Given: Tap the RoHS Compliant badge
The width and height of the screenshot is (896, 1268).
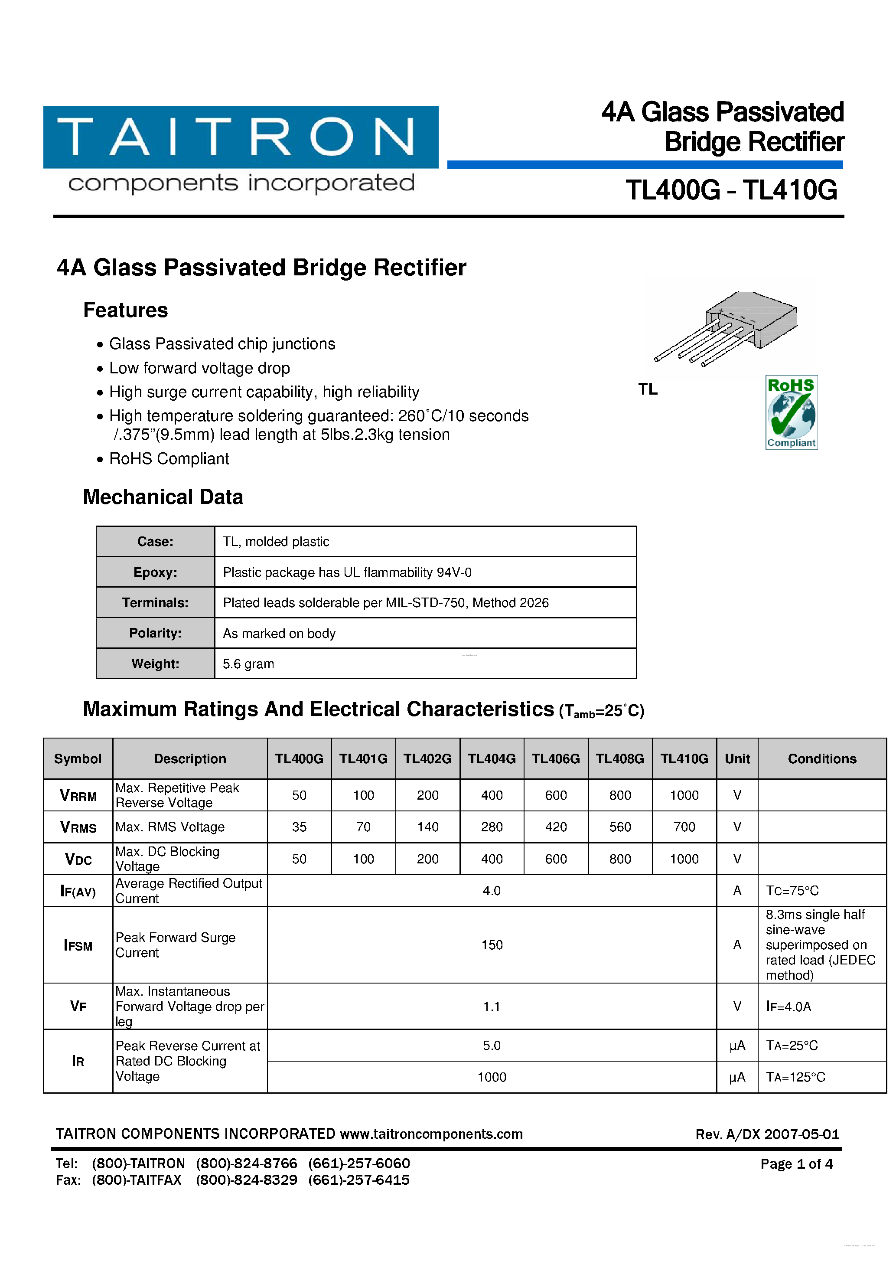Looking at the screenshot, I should click(x=791, y=412).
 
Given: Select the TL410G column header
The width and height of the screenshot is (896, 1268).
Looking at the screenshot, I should click(x=684, y=758).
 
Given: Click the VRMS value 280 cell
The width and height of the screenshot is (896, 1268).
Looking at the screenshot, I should click(x=491, y=827).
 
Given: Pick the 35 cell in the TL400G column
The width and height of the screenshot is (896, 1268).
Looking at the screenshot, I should click(x=299, y=827).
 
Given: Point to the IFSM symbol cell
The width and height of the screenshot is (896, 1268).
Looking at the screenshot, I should click(x=78, y=945).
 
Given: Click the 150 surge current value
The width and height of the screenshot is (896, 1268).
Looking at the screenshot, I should click(x=491, y=945).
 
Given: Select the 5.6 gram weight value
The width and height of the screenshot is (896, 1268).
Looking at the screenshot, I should click(x=248, y=664).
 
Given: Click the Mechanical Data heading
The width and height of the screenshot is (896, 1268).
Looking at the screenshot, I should click(x=163, y=497).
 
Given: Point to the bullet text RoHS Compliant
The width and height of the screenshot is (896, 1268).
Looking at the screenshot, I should click(x=169, y=458).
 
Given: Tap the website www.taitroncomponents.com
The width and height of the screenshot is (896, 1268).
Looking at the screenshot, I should click(x=430, y=1134).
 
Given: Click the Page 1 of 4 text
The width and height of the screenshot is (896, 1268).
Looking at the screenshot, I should click(x=796, y=1163).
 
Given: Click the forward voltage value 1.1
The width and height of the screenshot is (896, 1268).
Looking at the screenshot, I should click(x=491, y=1006).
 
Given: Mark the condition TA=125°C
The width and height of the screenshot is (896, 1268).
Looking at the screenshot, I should click(x=795, y=1077).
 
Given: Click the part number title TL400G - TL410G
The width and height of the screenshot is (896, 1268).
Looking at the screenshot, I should click(x=731, y=190).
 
